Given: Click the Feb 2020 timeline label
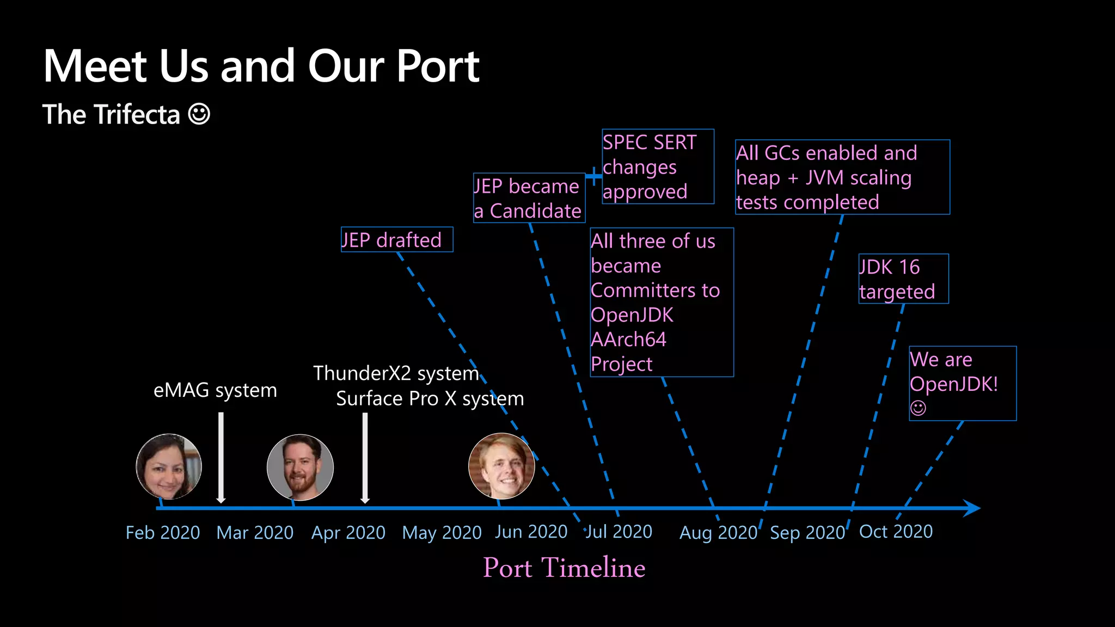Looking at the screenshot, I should pos(163,532).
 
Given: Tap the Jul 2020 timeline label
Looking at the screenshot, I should pos(619,531).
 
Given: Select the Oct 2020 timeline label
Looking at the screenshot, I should pos(896,531).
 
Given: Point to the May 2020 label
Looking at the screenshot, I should pos(442,532).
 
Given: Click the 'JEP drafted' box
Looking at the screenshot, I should pos(396,239).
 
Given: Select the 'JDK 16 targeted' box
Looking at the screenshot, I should pos(903,279).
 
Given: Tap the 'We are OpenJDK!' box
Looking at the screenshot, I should pos(962,383).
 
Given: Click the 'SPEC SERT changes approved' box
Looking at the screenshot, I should pos(657,167).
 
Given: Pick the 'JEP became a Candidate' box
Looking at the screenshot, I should pos(529,198).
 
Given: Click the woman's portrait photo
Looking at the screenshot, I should pos(169,466).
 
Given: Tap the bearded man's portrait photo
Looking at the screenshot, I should pos(300,467).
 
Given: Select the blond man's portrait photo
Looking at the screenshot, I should pos(501,466).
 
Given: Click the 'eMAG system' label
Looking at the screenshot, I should pos(215,390).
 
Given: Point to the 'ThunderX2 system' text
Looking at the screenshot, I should pos(396,373).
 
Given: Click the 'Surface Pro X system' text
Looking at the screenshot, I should pos(430,398).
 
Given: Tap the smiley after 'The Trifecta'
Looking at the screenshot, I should pos(199,114).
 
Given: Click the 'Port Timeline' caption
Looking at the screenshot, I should pos(564,568).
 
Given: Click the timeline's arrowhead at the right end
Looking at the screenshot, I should pos(971,508).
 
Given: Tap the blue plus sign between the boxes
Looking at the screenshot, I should pos(593,176).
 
